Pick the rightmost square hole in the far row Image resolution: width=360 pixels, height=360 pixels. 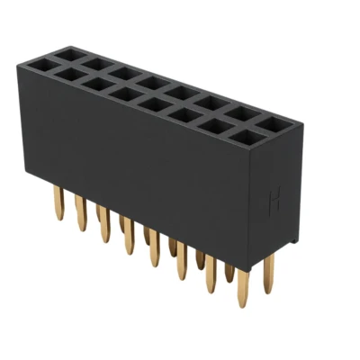click(x=274, y=121)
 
